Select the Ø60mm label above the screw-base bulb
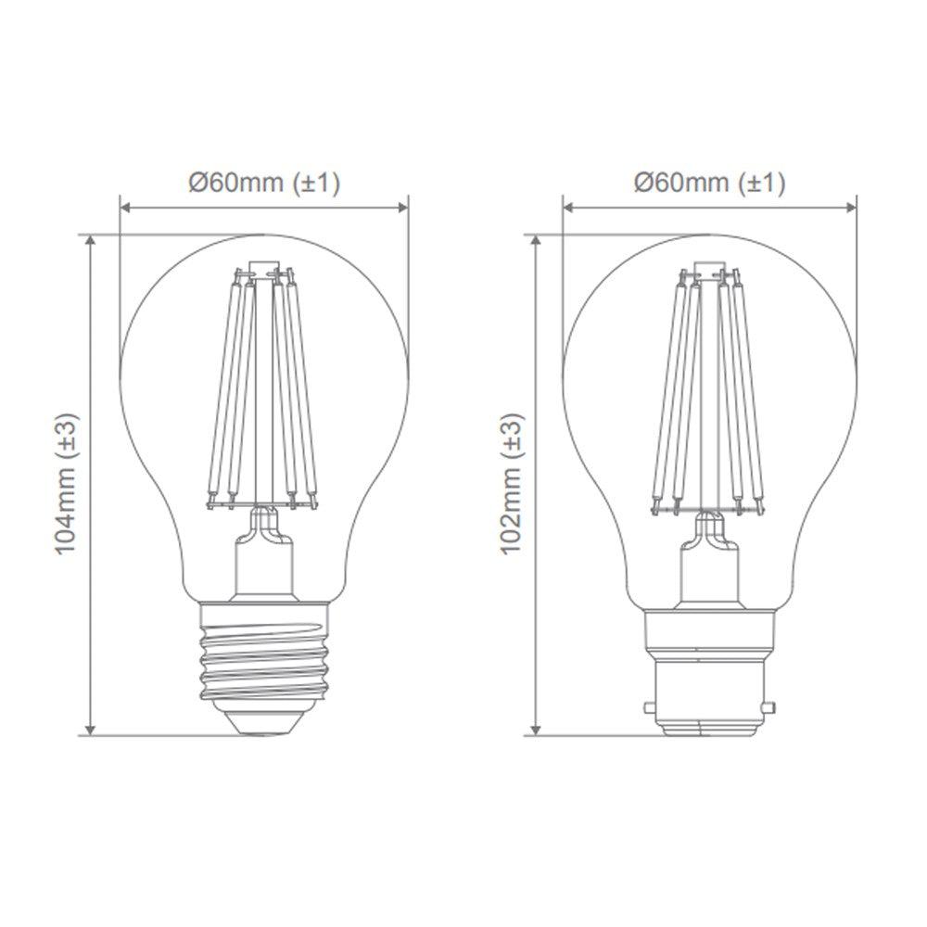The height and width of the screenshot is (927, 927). coord(236,183)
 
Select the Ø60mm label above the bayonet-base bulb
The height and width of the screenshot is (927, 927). coord(681,183)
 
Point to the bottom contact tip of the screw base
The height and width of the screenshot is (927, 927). coord(264,733)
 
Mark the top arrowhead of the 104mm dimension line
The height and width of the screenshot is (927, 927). coord(91,239)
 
